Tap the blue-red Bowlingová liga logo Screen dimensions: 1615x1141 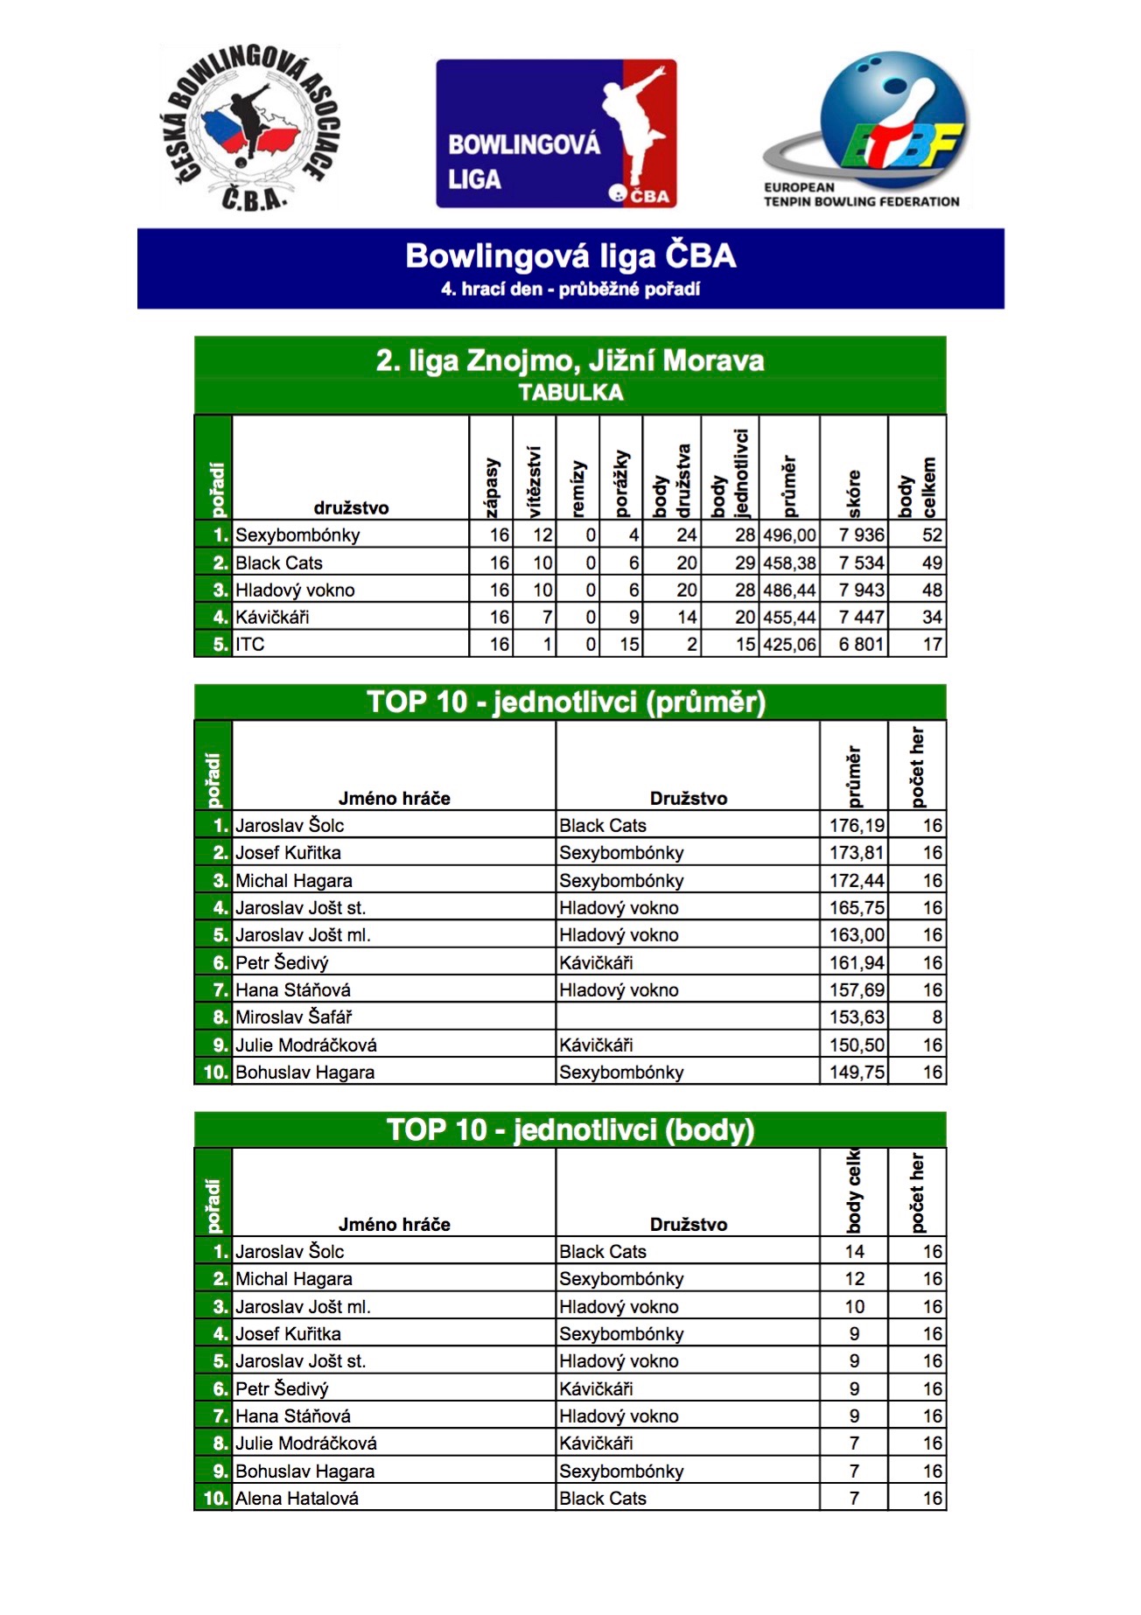[x=556, y=133]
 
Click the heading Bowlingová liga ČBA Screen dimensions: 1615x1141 [x=570, y=256]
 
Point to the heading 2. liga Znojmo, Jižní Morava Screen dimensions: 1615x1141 [x=570, y=360]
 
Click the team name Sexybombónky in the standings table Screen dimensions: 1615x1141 [x=297, y=535]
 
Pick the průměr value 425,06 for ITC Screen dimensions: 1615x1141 [x=789, y=645]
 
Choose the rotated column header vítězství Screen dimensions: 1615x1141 [x=535, y=481]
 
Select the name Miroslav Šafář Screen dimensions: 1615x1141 [x=293, y=1017]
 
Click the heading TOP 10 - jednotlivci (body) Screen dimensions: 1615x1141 [x=570, y=1130]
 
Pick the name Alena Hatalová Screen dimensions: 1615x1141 [x=297, y=1499]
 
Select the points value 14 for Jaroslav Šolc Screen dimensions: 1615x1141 [x=854, y=1252]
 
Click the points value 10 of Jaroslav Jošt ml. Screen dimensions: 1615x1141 [x=854, y=1307]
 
